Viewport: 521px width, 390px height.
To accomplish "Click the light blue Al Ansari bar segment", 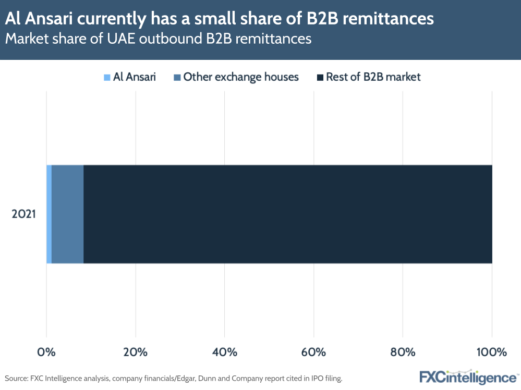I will click(49, 214).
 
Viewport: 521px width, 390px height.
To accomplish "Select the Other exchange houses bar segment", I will click(67, 214).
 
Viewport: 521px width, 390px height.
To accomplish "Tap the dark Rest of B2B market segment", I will click(287, 214).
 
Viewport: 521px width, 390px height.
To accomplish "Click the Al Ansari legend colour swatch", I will click(107, 78).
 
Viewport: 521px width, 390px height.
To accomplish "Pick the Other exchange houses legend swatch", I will click(177, 78).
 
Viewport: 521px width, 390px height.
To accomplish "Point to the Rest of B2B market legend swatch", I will click(320, 78).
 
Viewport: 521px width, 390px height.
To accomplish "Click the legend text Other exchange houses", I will click(241, 77).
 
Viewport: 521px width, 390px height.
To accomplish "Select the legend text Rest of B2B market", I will click(373, 77).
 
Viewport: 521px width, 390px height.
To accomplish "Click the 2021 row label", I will click(24, 214).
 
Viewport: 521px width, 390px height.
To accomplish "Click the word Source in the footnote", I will click(16, 378).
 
